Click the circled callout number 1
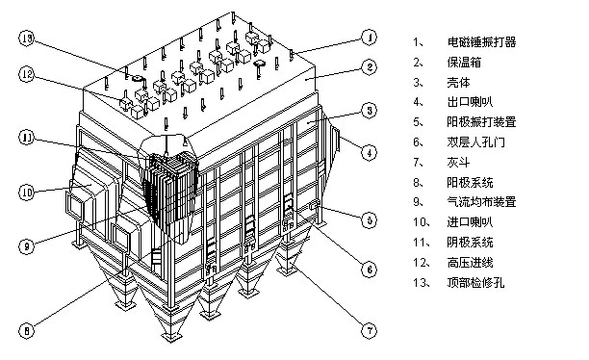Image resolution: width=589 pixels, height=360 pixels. pyautogui.click(x=370, y=38)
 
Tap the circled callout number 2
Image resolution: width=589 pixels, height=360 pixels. pyautogui.click(x=370, y=67)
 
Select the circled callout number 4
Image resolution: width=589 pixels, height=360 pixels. pyautogui.click(x=370, y=153)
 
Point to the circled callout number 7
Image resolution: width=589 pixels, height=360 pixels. pyautogui.click(x=370, y=331)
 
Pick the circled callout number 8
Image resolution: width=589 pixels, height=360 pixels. pyautogui.click(x=26, y=331)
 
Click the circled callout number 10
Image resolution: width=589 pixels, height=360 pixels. pyautogui.click(x=26, y=193)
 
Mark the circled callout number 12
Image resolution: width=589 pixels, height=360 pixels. pyautogui.click(x=26, y=74)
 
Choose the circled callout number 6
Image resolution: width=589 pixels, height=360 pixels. pyautogui.click(x=370, y=270)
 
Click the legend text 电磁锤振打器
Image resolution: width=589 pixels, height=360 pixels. pyautogui.click(x=481, y=41)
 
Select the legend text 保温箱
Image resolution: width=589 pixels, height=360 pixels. pyautogui.click(x=464, y=62)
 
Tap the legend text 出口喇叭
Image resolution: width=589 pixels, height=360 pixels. pyautogui.click(x=470, y=102)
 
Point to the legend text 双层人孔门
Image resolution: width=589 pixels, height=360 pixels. pyautogui.click(x=476, y=142)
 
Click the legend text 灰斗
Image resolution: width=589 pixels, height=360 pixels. pyautogui.click(x=458, y=163)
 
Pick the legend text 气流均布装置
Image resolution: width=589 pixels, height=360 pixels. pyautogui.click(x=481, y=202)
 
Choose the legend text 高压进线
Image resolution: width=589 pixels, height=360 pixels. pyautogui.click(x=470, y=262)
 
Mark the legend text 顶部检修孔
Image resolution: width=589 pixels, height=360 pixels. pyautogui.click(x=476, y=282)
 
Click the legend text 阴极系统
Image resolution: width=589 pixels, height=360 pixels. pyautogui.click(x=470, y=242)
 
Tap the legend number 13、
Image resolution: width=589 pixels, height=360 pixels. pyautogui.click(x=422, y=283)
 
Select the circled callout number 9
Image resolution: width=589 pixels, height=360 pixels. pyautogui.click(x=26, y=246)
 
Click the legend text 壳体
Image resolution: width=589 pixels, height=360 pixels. pyautogui.click(x=458, y=82)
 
